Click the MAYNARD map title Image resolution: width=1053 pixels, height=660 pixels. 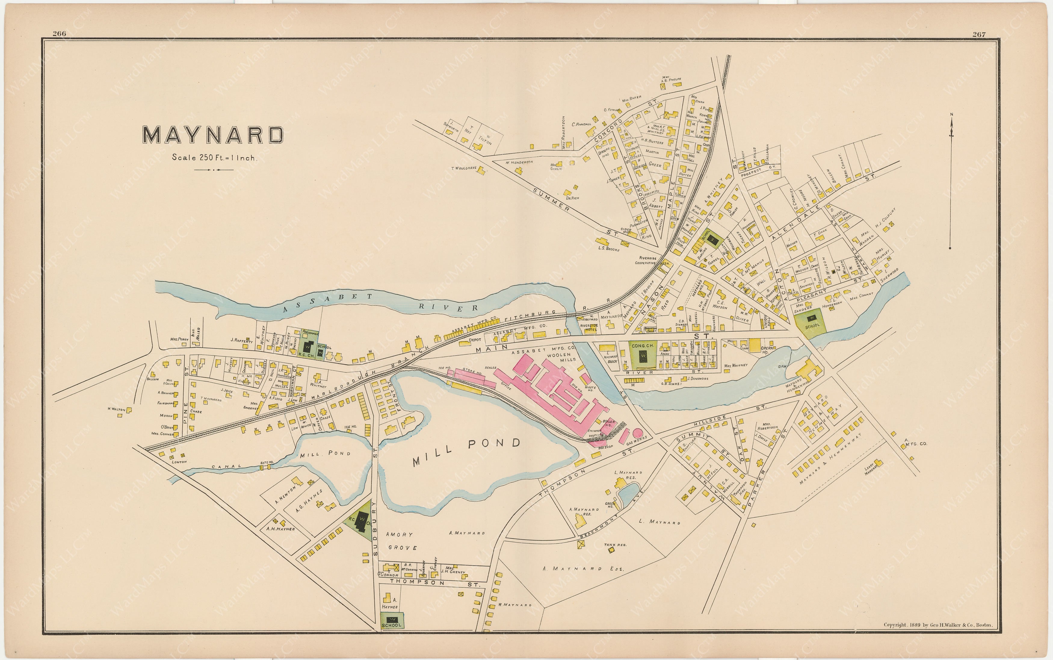[x=213, y=135]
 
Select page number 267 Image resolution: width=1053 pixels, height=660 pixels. [x=979, y=35]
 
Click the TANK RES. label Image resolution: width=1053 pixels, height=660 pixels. [x=615, y=545]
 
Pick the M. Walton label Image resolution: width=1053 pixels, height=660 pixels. [x=116, y=409]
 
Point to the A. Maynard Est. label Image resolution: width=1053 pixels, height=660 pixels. [x=583, y=569]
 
